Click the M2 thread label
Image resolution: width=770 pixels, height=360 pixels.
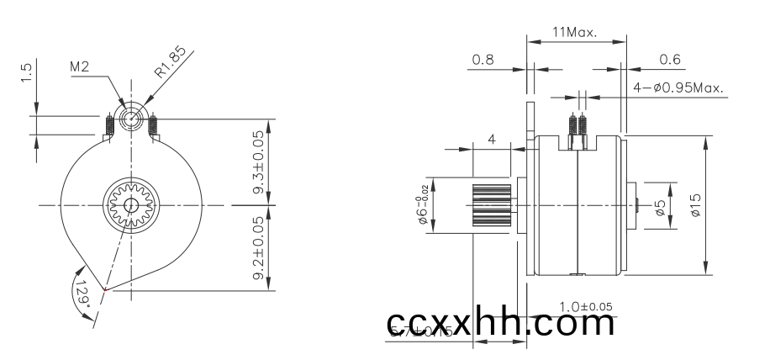[81, 66]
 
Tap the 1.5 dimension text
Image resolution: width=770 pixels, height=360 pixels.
[28, 73]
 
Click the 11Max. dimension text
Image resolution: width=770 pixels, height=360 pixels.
[574, 33]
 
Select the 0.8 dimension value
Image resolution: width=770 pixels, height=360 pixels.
[483, 60]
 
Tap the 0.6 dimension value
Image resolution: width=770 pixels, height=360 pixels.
[670, 60]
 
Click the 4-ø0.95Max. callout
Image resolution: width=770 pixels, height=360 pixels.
[678, 87]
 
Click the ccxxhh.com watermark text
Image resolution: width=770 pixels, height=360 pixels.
[501, 322]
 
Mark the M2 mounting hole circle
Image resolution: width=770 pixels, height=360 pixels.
[132, 119]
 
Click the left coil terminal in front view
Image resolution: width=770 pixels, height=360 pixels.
[111, 128]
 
